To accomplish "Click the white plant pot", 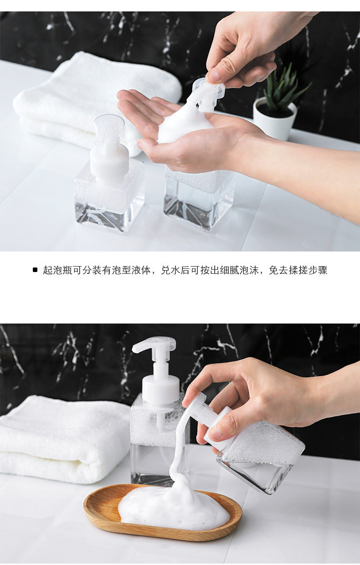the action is pyautogui.click(x=274, y=121).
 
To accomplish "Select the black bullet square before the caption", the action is pyautogui.click(x=35, y=270).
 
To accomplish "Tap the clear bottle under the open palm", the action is pyautogui.click(x=199, y=199).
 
